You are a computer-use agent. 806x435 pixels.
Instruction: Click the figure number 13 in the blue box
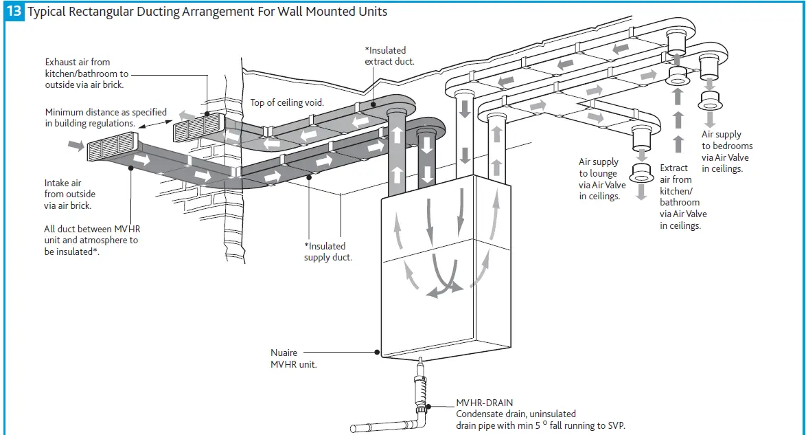pos(14,12)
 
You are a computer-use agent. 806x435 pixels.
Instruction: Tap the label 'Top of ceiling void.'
pos(287,102)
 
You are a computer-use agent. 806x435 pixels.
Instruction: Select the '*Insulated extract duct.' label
pos(389,56)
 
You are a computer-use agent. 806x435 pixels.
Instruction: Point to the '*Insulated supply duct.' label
pos(328,252)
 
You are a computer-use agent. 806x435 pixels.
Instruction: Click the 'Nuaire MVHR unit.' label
pos(293,358)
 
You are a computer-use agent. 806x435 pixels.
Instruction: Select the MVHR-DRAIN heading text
pos(485,403)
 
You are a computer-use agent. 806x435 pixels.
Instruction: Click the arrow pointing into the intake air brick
pos(75,145)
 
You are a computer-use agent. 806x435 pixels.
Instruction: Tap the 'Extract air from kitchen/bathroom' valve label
pos(682,197)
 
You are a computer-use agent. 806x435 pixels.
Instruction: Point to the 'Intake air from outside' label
pos(69,189)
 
